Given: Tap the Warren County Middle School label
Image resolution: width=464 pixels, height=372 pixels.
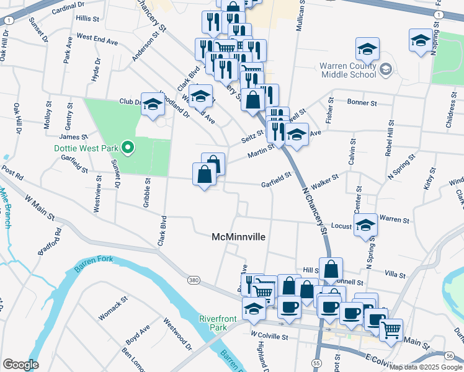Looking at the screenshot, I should pos(349,70).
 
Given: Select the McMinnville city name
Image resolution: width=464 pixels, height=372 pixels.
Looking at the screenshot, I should pos(239,237).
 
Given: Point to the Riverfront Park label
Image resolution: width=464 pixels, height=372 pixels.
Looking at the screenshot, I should pos(214,323).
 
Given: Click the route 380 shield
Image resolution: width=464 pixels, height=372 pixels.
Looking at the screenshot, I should pos(194,281).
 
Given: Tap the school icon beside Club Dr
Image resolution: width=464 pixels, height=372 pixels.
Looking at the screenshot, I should pos(153,105).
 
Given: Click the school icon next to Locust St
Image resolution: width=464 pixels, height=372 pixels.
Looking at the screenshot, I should pos(365,226).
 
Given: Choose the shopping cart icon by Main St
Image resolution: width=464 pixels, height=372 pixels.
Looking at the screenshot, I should pos(391,331).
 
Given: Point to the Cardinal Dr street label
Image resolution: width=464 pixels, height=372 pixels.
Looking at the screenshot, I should pos(68,10).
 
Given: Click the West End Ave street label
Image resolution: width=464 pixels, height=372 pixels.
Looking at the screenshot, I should pos(97,40).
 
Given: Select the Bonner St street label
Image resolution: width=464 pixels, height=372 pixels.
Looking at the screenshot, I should pos(363,102).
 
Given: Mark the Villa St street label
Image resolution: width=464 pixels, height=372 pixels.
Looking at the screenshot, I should pos(395,273).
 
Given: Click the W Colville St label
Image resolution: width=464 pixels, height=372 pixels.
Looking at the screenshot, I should pos(270,337).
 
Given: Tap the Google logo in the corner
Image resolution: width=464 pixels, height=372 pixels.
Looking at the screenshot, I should pos(21,364).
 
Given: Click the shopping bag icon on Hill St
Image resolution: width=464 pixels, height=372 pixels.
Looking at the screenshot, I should pos(331,270).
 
